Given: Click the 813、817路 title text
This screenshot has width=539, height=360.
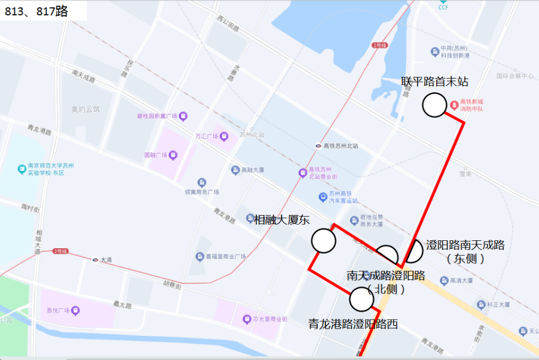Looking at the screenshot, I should pyautogui.click(x=36, y=11).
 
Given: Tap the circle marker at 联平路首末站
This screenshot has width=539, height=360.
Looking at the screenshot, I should pyautogui.click(x=434, y=105).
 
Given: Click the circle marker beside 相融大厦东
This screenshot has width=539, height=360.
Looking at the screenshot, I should pyautogui.click(x=323, y=240).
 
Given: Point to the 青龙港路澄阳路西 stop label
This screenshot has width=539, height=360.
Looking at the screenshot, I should pyautogui.click(x=353, y=324).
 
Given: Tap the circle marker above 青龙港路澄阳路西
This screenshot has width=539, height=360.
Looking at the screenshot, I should pyautogui.click(x=361, y=299).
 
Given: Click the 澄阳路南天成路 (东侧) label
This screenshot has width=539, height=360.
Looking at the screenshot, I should pyautogui.click(x=465, y=252).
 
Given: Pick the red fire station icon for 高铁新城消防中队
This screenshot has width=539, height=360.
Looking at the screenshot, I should pyautogui.click(x=454, y=105).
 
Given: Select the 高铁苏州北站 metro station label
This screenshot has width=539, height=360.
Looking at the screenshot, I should pyautogui.click(x=340, y=145).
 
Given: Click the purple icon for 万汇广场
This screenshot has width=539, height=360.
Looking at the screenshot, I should pyautogui.click(x=224, y=136).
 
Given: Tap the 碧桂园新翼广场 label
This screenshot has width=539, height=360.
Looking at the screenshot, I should pyautogui.click(x=157, y=116).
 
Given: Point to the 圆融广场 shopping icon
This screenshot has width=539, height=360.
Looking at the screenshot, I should pyautogui.click(x=173, y=155).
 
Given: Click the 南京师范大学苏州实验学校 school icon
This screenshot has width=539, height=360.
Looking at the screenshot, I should pyautogui.click(x=22, y=168).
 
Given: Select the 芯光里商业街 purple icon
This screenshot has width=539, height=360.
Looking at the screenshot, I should pyautogui.click(x=246, y=319).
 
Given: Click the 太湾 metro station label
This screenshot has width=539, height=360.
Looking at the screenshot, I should pyautogui.click(x=106, y=259).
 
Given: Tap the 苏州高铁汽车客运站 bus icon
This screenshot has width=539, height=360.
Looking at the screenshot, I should pyautogui.click(x=323, y=197).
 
